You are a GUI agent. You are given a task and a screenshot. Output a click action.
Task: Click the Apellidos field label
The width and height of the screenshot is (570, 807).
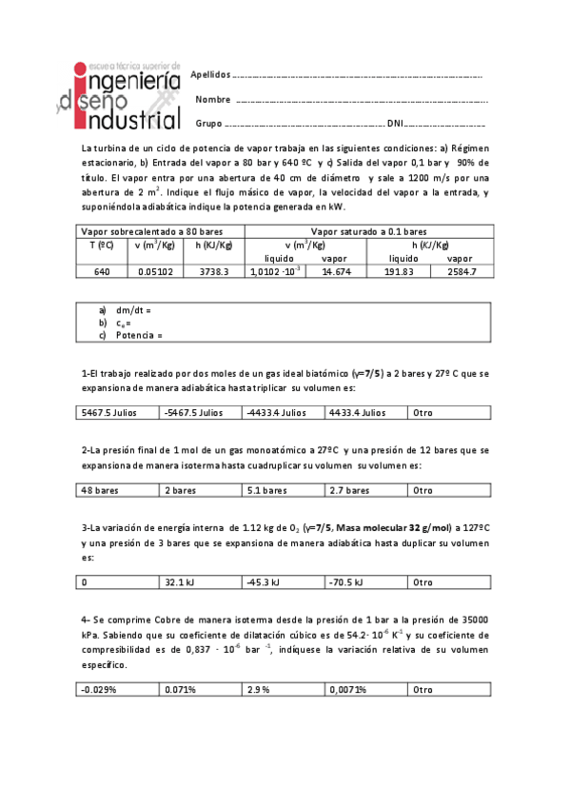click(210, 74)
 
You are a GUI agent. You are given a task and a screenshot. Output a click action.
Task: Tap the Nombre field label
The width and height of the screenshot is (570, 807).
click(213, 99)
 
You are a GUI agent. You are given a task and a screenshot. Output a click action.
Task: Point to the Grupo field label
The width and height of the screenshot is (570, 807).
click(208, 124)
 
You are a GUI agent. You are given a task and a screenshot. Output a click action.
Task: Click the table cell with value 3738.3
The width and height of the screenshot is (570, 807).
click(213, 272)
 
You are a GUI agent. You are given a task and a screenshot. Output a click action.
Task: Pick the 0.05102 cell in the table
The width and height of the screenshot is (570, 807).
click(152, 272)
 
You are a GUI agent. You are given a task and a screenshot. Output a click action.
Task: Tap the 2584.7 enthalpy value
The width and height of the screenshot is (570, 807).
click(461, 272)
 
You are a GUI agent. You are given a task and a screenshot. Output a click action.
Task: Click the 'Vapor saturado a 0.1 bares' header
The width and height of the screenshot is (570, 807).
click(367, 231)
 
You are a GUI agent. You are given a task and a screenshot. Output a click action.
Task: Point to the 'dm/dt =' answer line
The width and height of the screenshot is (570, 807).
click(132, 310)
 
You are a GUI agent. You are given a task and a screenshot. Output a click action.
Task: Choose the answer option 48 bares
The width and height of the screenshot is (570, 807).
click(100, 491)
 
